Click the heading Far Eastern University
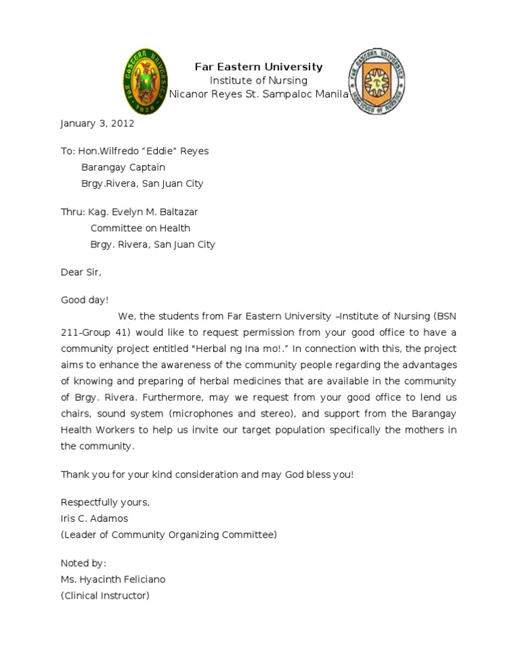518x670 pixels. (x=258, y=67)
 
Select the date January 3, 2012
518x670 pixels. (x=97, y=123)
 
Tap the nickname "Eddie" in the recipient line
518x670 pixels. (x=159, y=151)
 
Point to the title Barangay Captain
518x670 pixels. (x=123, y=167)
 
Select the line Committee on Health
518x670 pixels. (x=140, y=228)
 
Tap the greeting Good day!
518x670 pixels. (x=84, y=300)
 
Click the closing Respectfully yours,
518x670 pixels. (x=105, y=502)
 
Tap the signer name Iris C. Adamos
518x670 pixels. (x=94, y=518)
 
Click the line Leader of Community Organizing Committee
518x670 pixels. (x=168, y=535)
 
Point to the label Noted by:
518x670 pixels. (x=84, y=563)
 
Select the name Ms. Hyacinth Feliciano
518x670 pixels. (x=113, y=579)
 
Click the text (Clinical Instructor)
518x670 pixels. (x=105, y=595)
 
